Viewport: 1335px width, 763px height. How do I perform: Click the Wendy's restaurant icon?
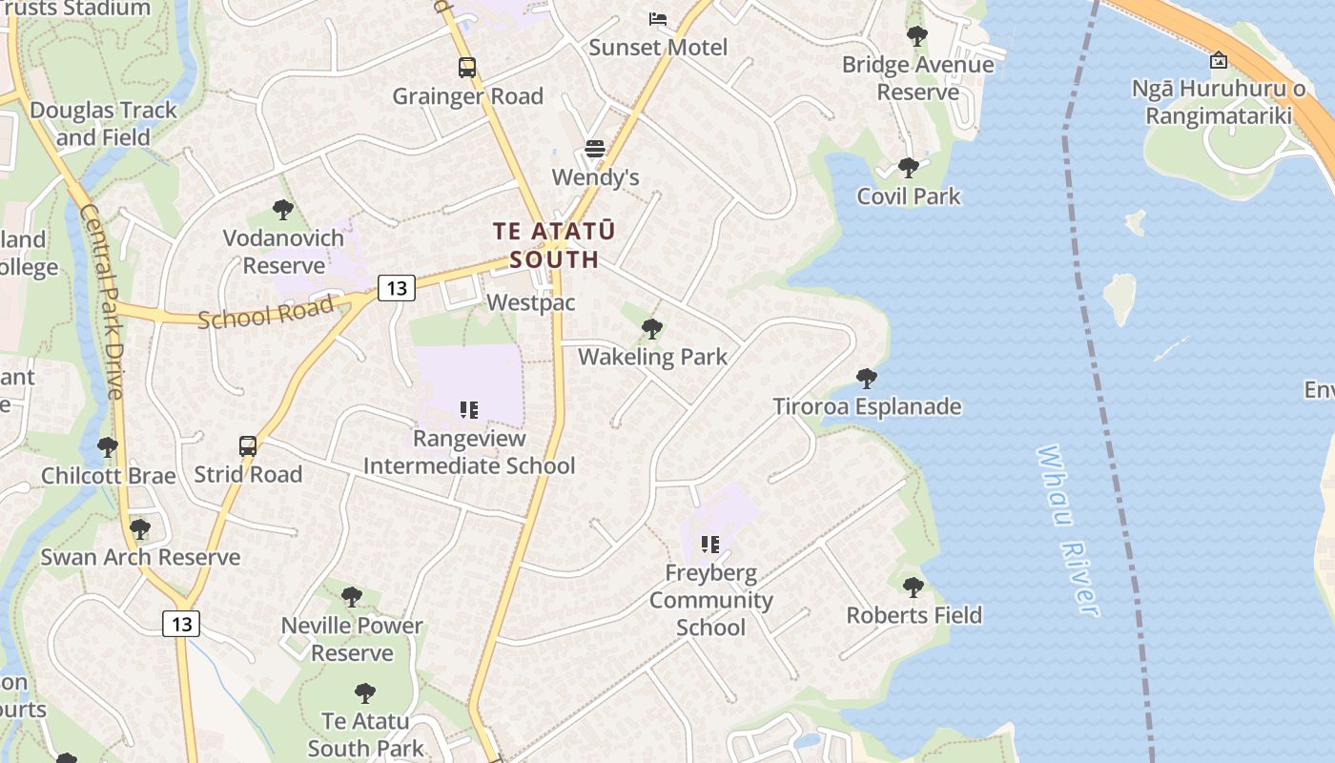(595, 149)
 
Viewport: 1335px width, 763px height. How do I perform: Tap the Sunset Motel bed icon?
(658, 19)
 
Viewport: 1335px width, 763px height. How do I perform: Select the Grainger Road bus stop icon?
(466, 68)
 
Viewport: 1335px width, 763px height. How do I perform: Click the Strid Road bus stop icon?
(248, 445)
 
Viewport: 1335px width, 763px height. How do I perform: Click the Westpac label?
(531, 302)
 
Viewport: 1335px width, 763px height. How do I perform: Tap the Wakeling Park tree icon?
(652, 329)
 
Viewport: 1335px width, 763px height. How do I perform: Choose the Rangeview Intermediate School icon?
(468, 410)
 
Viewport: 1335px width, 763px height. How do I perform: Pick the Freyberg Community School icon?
(710, 545)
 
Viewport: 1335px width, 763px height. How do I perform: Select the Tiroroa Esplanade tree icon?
(866, 379)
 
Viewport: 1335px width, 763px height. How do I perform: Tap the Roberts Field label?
(914, 615)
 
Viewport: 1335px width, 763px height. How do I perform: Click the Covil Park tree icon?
(908, 168)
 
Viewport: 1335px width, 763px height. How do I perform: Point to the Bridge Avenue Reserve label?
(917, 78)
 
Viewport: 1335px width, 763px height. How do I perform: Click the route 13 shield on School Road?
(396, 287)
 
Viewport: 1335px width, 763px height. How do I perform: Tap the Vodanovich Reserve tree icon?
(282, 210)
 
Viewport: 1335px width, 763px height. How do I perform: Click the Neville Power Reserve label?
(352, 639)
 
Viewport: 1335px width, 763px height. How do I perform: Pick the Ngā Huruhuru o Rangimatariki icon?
(1219, 61)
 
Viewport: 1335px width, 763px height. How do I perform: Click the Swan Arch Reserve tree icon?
(140, 528)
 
